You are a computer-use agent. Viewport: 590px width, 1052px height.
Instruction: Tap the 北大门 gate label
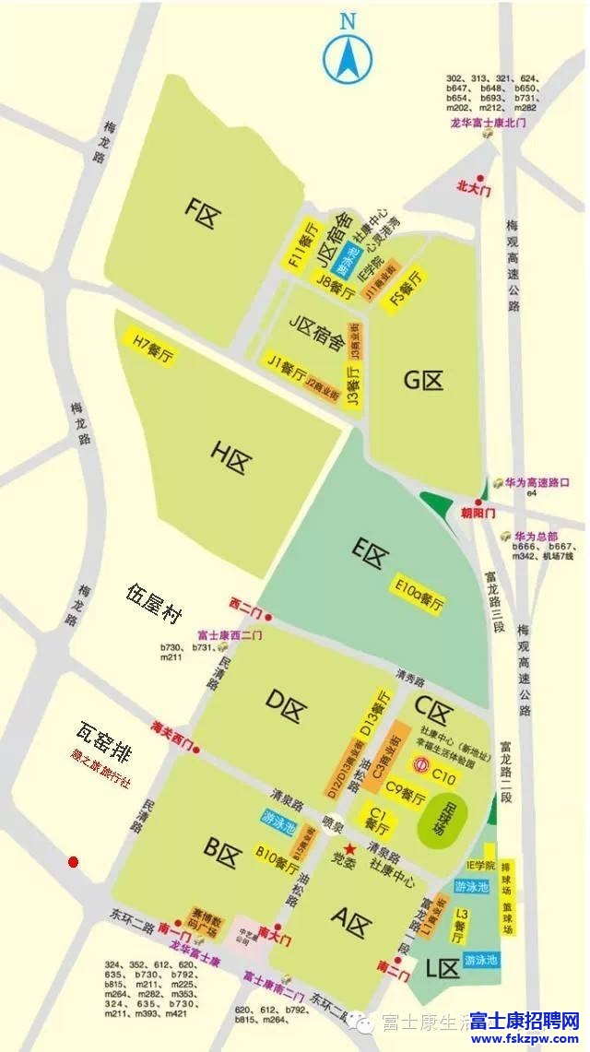(476, 186)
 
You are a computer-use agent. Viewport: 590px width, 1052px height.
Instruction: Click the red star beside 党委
(349, 847)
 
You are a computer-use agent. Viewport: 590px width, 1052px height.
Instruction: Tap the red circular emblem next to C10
(420, 764)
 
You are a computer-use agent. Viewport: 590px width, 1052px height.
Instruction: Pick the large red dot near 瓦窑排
(73, 862)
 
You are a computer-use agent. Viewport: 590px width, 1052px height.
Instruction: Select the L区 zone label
(442, 967)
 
